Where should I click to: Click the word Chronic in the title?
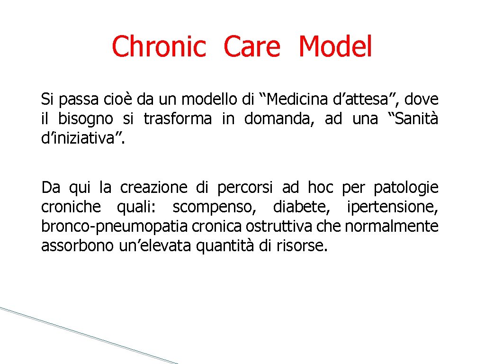point(159,47)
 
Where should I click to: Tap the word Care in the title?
point(252,47)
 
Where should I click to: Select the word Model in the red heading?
point(335,47)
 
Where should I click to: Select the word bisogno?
point(86,119)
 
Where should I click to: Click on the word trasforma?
point(178,119)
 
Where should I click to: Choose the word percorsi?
point(245,188)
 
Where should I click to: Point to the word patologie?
point(406,188)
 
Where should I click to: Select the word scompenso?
point(208,208)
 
